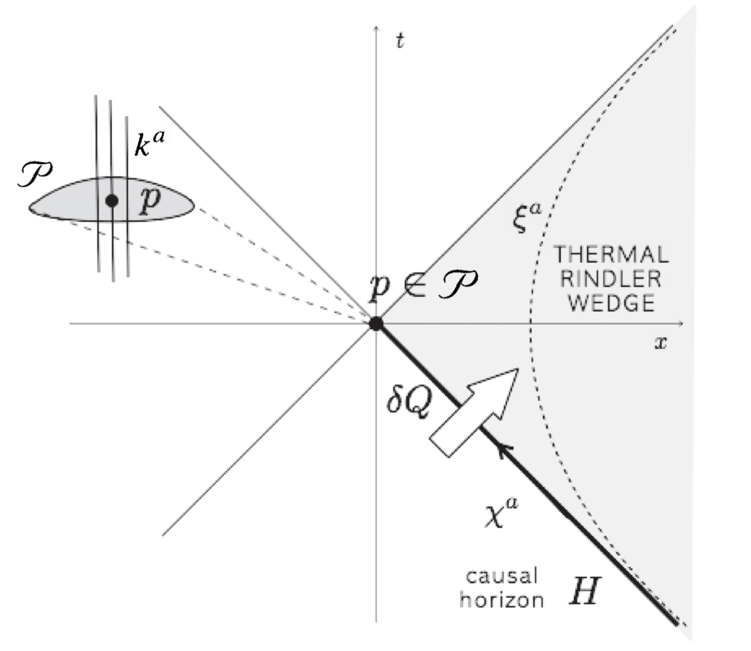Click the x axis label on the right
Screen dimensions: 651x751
(x=661, y=342)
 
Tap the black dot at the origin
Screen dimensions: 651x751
(x=375, y=324)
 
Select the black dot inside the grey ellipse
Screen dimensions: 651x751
(x=112, y=201)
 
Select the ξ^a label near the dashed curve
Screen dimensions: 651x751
(x=525, y=219)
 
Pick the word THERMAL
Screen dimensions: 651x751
(x=610, y=253)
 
